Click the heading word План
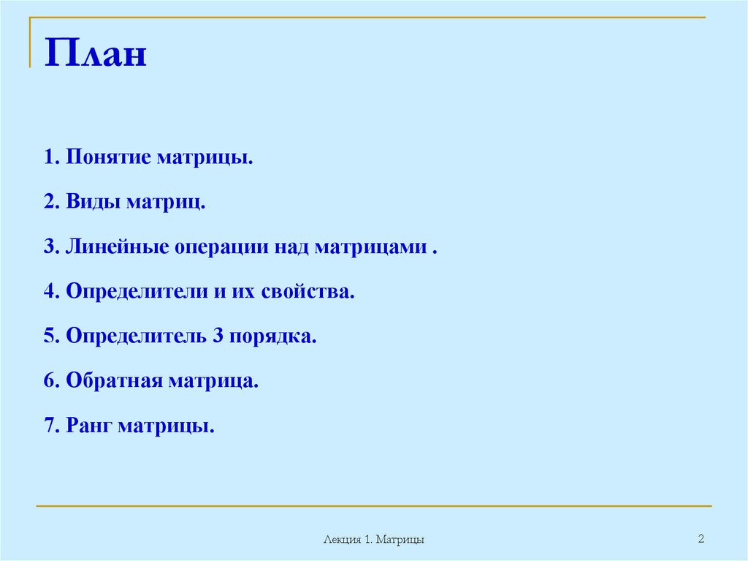(96, 55)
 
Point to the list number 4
(49, 292)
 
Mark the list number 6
(49, 381)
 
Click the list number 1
(49, 158)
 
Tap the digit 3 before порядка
(218, 336)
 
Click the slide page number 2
(701, 539)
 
